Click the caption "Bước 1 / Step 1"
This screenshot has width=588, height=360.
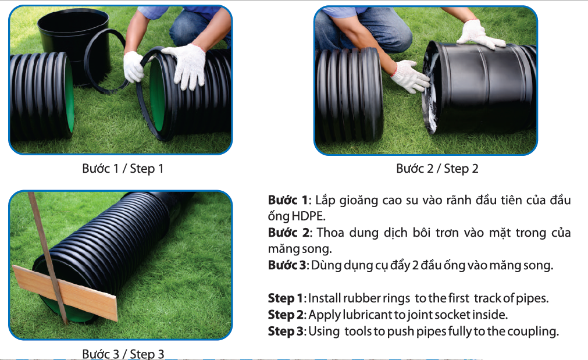(123, 169)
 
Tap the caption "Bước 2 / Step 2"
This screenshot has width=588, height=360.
(437, 169)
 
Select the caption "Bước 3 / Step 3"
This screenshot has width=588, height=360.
(123, 354)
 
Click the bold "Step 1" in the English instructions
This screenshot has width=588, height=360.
(286, 298)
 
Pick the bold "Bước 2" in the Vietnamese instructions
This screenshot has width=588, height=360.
(288, 233)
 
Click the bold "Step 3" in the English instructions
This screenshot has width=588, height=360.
(286, 332)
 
